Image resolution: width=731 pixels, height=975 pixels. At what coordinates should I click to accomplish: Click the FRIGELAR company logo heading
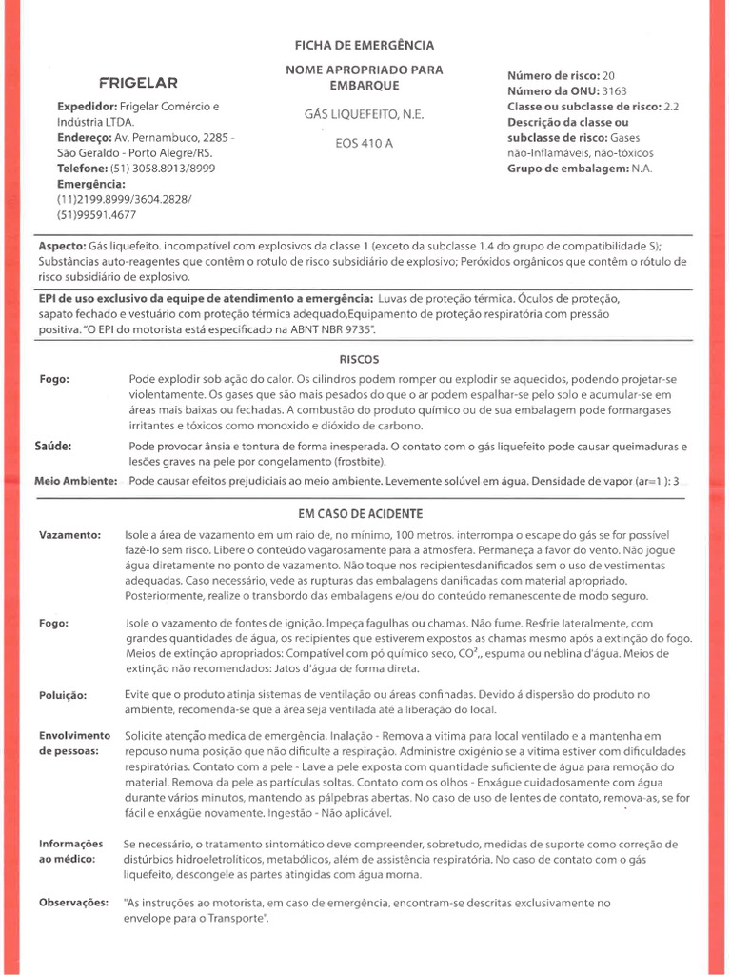click(138, 82)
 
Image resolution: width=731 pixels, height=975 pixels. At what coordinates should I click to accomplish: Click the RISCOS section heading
click(359, 359)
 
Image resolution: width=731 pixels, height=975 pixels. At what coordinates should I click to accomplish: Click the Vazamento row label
click(69, 535)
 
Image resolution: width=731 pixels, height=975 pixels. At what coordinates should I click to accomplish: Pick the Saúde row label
click(54, 446)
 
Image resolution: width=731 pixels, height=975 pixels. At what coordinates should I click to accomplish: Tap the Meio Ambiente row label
click(76, 480)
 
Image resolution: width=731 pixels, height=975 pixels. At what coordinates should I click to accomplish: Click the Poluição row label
click(63, 696)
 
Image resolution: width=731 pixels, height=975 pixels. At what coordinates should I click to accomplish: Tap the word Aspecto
click(61, 245)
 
